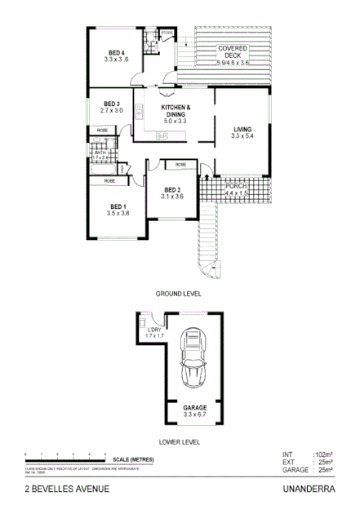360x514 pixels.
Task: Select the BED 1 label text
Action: (x=118, y=206)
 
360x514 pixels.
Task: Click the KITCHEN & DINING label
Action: (x=175, y=109)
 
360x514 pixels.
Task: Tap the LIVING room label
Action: (x=242, y=130)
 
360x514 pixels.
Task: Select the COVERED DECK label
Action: (x=233, y=49)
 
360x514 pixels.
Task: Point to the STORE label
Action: (x=167, y=33)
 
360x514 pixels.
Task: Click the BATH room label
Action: (x=101, y=153)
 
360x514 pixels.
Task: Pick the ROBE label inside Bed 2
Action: (x=180, y=166)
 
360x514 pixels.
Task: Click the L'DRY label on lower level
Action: (x=155, y=330)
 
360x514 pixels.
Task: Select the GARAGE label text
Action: (x=194, y=407)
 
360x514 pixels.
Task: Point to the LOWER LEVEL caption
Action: (x=179, y=441)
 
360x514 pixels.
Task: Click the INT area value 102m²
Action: (x=324, y=454)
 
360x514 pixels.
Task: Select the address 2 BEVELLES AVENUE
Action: (x=66, y=490)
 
